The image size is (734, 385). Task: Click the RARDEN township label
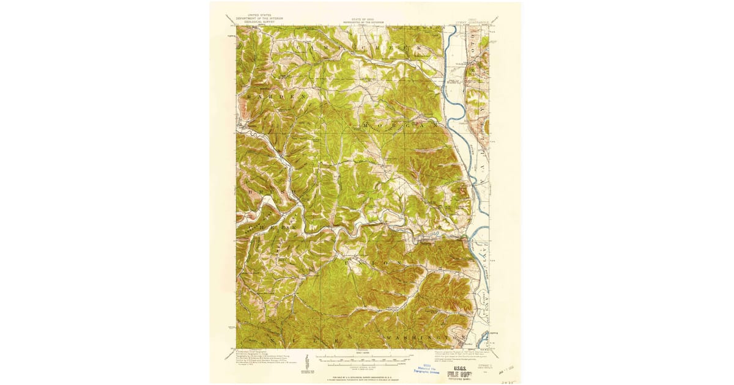click(x=275, y=97)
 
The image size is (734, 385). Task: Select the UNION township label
click(x=373, y=262)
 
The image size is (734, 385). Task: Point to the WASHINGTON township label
click(x=422, y=337)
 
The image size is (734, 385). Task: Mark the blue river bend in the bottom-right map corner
click(x=483, y=336)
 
